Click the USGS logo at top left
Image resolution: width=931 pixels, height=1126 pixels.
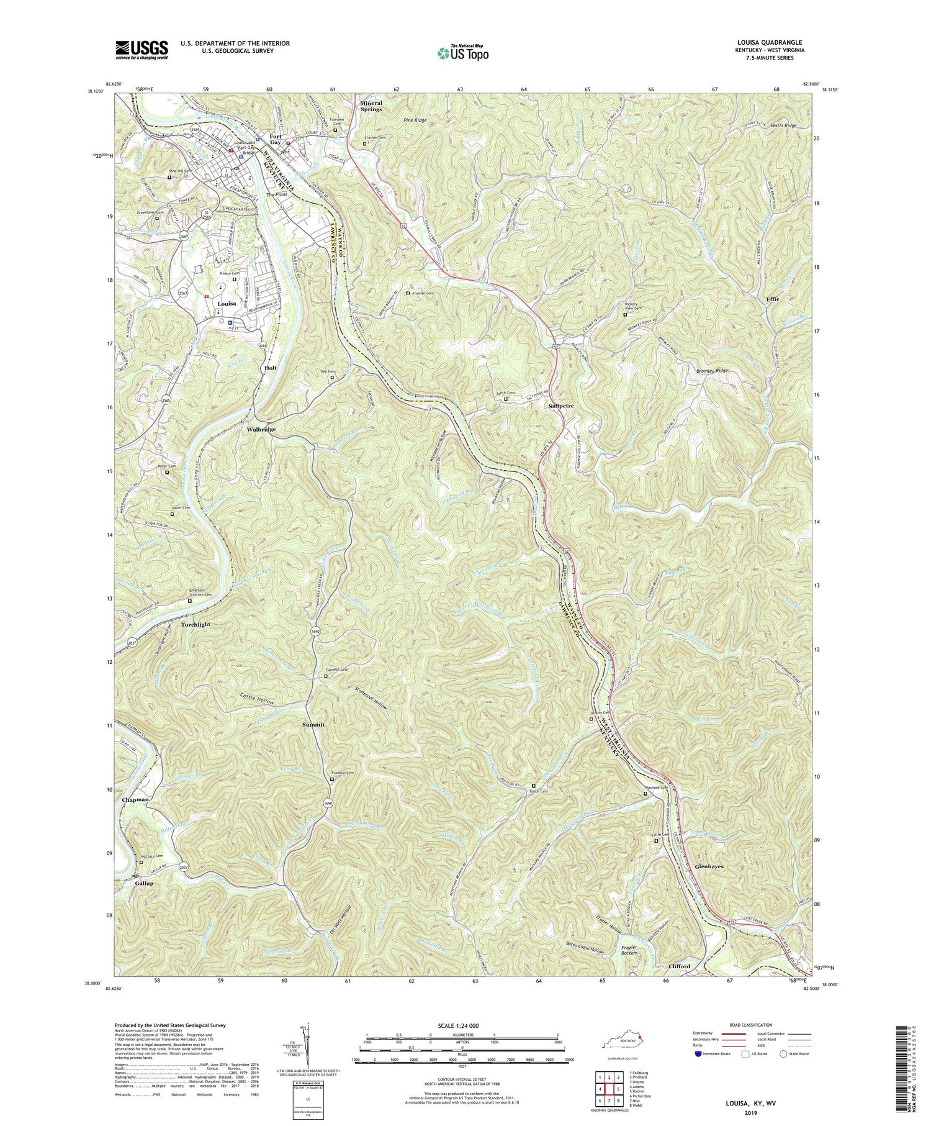click(141, 50)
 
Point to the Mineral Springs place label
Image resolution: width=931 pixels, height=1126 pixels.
click(371, 106)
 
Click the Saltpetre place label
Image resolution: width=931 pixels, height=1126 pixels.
click(561, 406)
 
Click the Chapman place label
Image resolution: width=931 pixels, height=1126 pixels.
click(135, 799)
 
